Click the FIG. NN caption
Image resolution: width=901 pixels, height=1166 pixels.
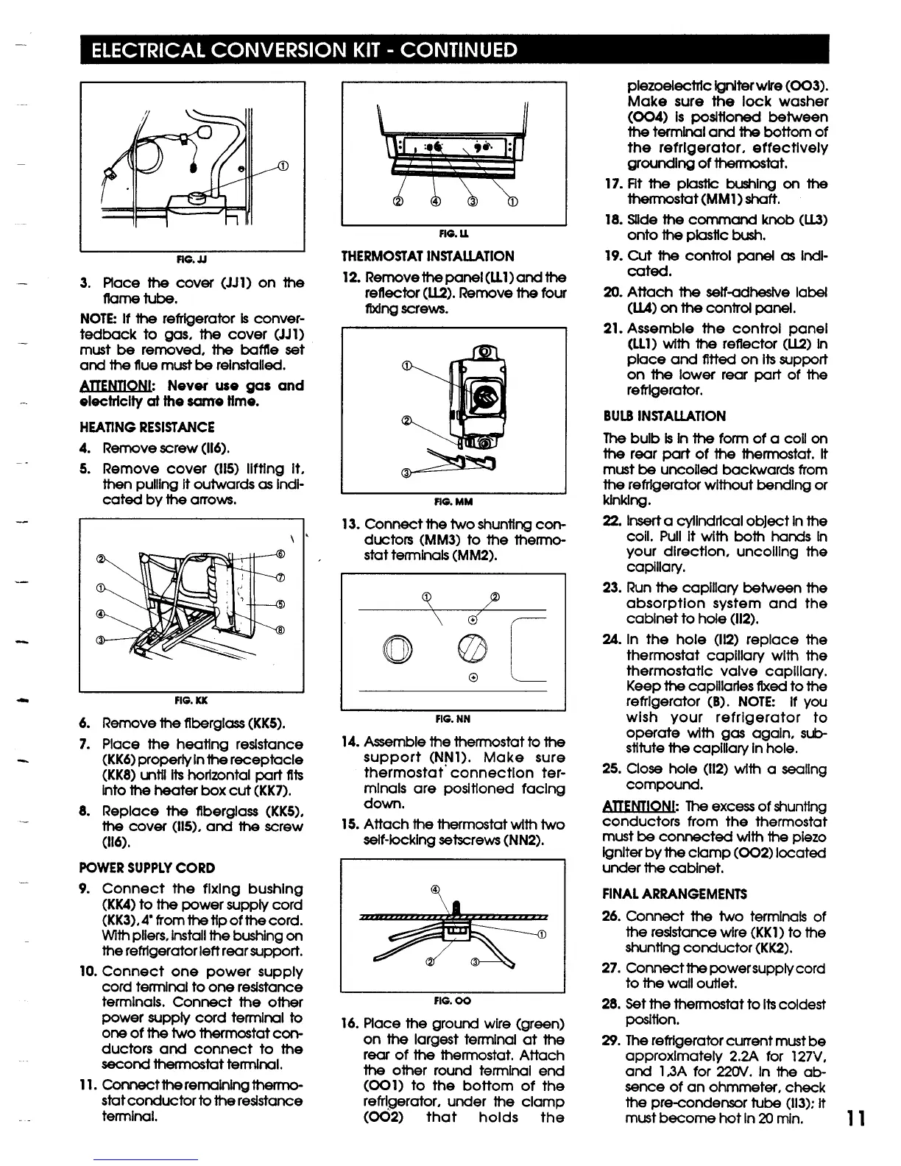[x=453, y=718]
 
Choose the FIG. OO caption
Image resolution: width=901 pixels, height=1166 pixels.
[x=453, y=1000]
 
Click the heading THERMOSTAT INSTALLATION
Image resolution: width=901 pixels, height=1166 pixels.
[x=428, y=256]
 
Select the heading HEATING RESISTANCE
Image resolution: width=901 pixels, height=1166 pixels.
[x=146, y=427]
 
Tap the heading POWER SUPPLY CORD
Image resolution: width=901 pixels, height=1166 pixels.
[x=146, y=868]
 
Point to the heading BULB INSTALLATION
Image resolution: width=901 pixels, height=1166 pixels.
[x=664, y=416]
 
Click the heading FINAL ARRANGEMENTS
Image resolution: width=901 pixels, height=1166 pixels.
[x=674, y=894]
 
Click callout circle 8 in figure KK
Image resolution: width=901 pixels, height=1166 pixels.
[x=280, y=630]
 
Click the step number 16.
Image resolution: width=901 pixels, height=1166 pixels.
[x=350, y=1024]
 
